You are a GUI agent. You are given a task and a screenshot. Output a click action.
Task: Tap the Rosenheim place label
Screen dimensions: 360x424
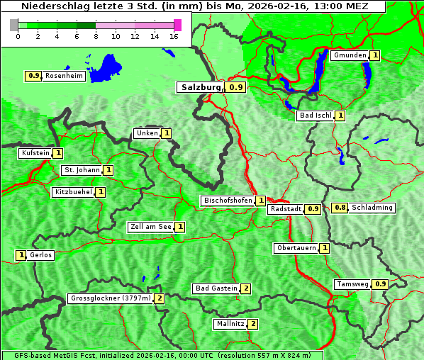(x=64, y=75)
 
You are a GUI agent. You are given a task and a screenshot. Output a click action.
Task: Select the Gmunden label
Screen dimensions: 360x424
(x=350, y=55)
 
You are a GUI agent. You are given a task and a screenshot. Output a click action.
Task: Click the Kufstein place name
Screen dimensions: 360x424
(x=35, y=152)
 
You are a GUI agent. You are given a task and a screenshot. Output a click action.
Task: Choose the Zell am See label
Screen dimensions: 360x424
(x=150, y=227)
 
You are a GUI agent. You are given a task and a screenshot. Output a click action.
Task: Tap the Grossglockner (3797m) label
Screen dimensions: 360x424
(x=111, y=298)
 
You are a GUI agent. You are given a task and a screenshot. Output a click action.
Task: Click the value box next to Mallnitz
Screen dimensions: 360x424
(x=253, y=324)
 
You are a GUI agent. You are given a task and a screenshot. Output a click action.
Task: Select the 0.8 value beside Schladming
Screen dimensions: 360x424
(x=340, y=208)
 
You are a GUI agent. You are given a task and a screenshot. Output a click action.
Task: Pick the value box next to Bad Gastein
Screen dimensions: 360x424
(x=246, y=288)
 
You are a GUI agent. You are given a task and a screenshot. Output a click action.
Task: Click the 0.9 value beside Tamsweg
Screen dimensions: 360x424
(x=381, y=284)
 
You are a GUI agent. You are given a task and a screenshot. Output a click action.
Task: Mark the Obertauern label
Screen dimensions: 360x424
(x=296, y=248)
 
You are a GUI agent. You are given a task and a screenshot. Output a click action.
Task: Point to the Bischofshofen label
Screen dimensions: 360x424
(x=228, y=201)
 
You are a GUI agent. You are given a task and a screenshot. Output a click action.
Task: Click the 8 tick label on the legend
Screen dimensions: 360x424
(x=96, y=35)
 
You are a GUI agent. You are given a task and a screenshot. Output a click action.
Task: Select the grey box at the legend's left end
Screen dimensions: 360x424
(x=14, y=25)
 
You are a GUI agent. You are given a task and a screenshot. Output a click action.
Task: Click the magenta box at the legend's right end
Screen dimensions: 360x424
(x=177, y=25)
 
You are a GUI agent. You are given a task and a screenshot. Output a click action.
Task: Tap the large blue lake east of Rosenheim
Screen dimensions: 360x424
(x=106, y=67)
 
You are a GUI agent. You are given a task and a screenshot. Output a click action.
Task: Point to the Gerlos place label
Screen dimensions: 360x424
(x=40, y=255)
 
